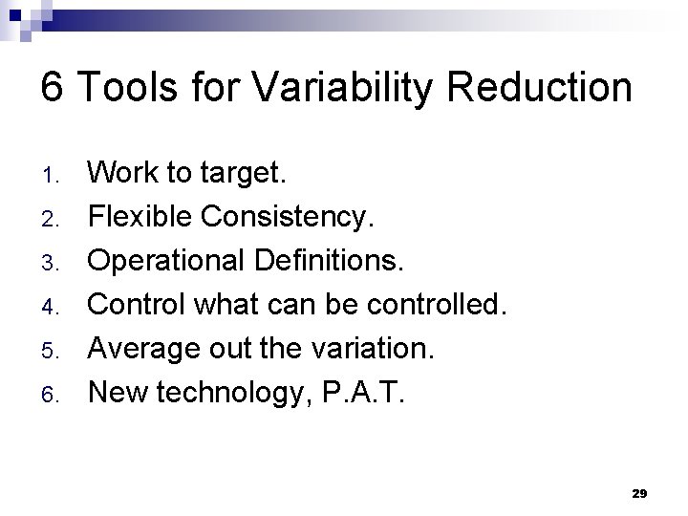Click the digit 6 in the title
tap(53, 88)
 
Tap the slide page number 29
tap(639, 493)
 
